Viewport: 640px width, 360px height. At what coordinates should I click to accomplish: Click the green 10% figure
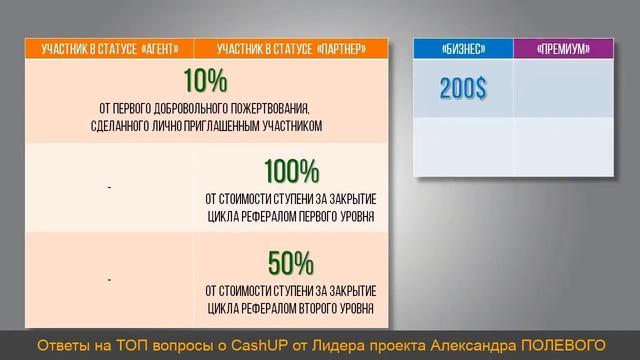coord(205,80)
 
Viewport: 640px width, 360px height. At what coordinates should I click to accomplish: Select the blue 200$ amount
coord(463,89)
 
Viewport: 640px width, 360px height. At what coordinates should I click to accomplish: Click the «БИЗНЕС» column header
coord(463,48)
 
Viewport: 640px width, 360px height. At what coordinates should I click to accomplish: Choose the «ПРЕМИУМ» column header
coord(563,48)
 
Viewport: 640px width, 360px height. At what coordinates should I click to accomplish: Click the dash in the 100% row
coord(108,188)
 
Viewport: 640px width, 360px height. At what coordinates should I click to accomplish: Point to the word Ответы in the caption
coord(60,345)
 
